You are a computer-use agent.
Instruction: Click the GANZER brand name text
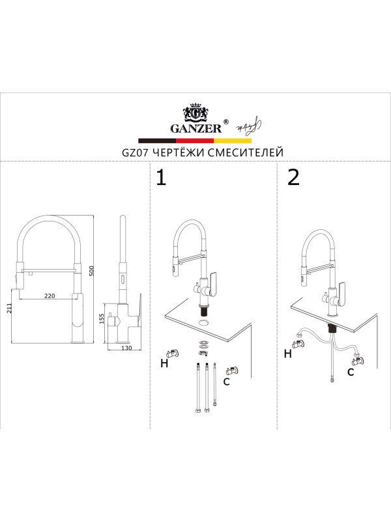(x=195, y=128)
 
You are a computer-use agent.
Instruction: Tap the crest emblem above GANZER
(x=195, y=113)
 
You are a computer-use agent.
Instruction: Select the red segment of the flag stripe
(x=195, y=141)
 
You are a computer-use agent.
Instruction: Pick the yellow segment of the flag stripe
(x=233, y=141)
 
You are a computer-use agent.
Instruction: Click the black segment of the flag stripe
(x=157, y=141)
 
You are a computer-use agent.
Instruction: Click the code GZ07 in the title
(x=135, y=153)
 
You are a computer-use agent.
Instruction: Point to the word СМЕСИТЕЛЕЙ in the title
(x=246, y=153)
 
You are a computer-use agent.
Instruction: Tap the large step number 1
(x=161, y=177)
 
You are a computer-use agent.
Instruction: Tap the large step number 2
(x=293, y=177)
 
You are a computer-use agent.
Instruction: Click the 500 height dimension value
(x=92, y=270)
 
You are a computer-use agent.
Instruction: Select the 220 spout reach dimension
(x=50, y=296)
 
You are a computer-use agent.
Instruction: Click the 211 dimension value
(x=9, y=308)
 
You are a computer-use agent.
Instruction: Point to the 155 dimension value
(x=102, y=318)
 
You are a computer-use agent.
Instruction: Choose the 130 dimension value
(x=126, y=348)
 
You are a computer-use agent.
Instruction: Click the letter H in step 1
(x=164, y=363)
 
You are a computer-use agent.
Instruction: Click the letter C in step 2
(x=351, y=373)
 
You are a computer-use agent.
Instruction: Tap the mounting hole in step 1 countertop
(x=203, y=322)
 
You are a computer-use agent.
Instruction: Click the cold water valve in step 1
(x=232, y=371)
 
